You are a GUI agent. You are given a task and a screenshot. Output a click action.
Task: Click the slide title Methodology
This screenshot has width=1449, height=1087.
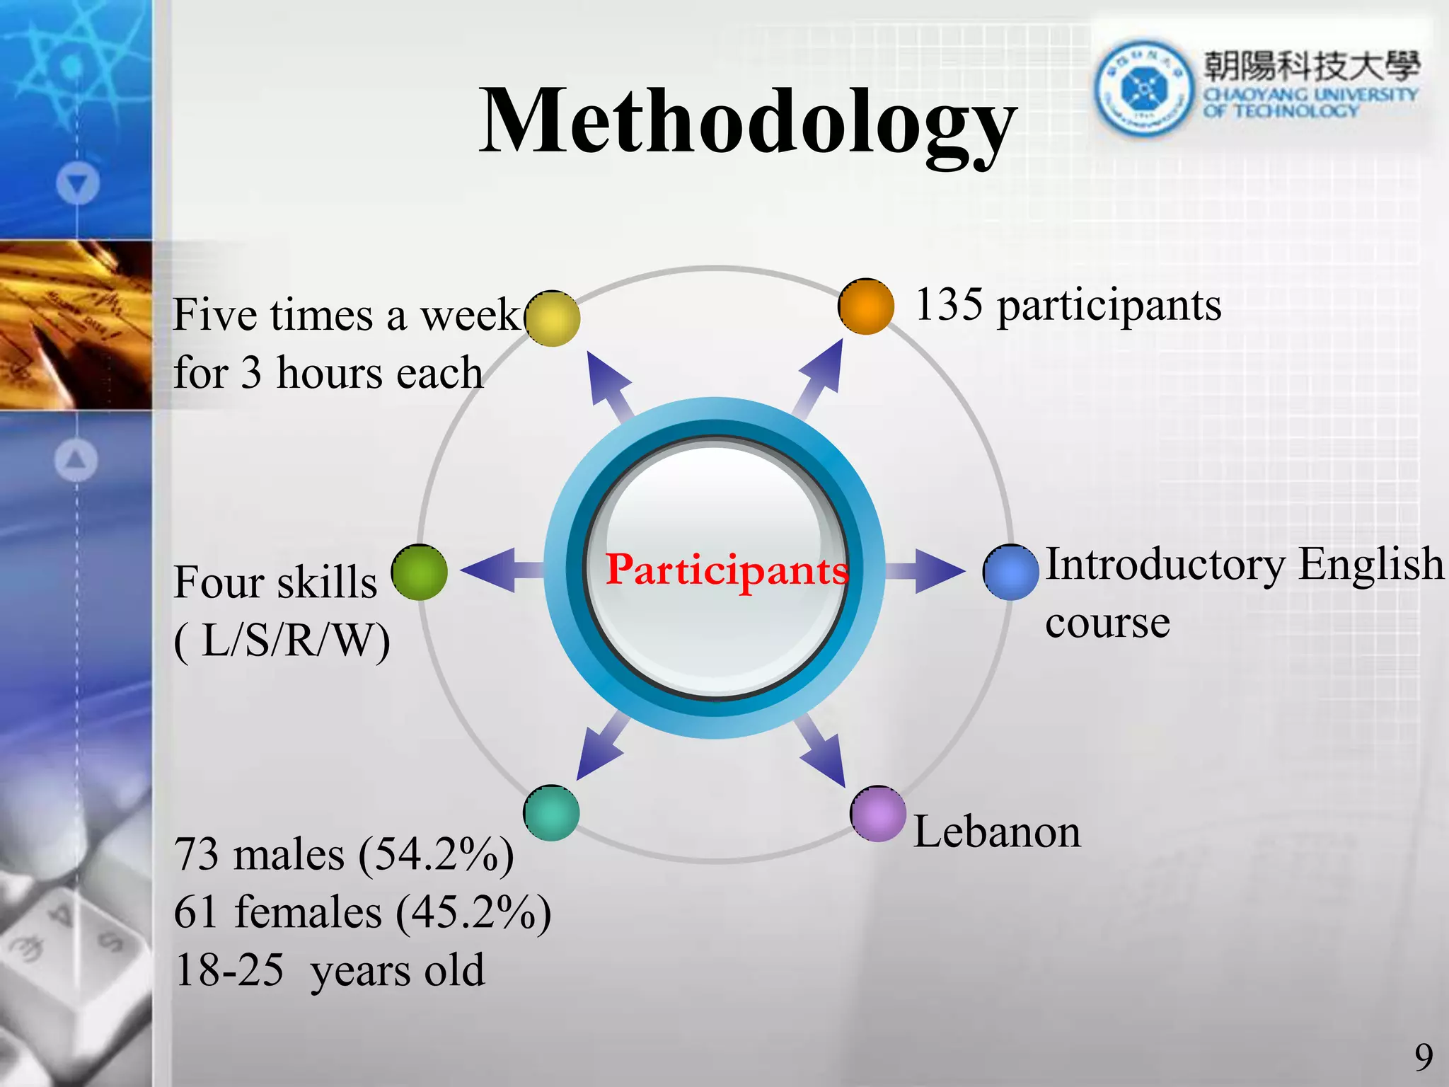coord(748,122)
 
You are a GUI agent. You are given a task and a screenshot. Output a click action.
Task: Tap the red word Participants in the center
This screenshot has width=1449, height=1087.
coord(726,570)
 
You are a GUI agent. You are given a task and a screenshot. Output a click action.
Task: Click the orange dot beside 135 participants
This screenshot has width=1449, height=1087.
coord(865,306)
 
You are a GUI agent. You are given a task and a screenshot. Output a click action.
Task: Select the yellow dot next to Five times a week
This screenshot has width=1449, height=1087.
coord(553,318)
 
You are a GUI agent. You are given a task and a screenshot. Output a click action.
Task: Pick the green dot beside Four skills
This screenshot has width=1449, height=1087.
coord(420,573)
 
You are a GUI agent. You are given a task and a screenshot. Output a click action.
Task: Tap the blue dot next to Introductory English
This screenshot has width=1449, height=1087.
coord(1010,573)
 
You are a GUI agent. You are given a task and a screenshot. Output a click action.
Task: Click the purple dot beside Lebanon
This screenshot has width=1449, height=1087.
coord(878,814)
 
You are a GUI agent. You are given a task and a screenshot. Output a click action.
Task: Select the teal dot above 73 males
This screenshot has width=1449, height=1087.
coord(552,813)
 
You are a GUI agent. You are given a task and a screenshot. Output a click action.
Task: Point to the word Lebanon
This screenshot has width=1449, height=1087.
coord(997,832)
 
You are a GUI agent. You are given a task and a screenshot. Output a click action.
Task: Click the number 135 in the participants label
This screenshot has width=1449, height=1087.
coord(949,305)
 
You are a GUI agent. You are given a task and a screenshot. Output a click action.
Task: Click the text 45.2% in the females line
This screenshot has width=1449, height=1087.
coord(473,912)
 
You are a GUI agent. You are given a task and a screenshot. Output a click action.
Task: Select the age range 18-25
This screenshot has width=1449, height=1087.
coord(229,970)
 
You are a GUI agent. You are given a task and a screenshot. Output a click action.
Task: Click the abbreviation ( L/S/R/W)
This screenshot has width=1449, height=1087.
coord(282,641)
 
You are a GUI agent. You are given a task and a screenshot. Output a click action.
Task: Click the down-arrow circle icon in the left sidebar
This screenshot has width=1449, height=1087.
coord(77,184)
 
